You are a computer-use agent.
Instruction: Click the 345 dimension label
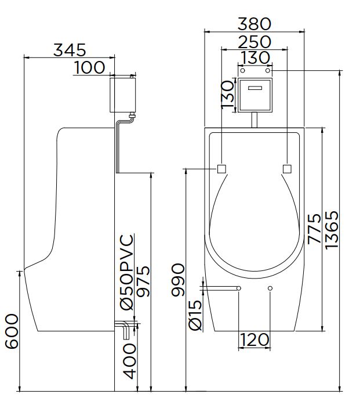[x=70, y=50]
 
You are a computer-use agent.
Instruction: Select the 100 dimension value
[x=89, y=67]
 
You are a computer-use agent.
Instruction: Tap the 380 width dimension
[x=254, y=24]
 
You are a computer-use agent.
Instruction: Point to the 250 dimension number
[x=254, y=42]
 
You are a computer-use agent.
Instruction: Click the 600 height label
[x=12, y=331]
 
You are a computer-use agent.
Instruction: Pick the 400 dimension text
[x=129, y=361]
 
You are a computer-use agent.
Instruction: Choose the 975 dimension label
[x=143, y=281]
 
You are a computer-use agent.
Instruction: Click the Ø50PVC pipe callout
[x=127, y=272]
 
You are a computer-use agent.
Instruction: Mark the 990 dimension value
[x=177, y=280]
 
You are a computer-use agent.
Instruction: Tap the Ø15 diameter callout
[x=195, y=315]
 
